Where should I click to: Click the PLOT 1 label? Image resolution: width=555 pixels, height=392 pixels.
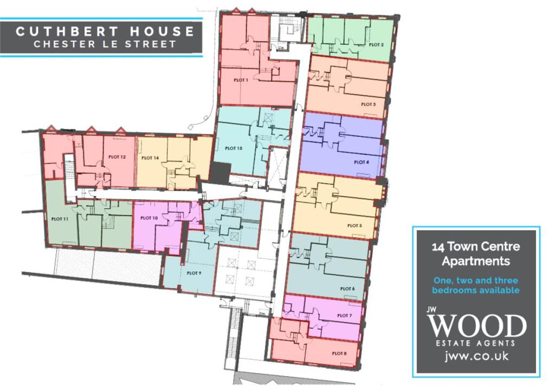click(x=241, y=80)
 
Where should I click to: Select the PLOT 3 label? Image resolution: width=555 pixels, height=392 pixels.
click(x=368, y=104)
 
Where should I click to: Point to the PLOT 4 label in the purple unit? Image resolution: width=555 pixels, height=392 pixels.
click(x=362, y=162)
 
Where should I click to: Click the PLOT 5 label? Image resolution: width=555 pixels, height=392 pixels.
click(x=354, y=225)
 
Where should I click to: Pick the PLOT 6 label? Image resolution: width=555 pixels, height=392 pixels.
click(x=347, y=289)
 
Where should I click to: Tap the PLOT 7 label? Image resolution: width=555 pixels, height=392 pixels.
click(x=344, y=315)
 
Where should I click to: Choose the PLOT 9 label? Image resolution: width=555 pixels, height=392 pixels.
click(x=194, y=273)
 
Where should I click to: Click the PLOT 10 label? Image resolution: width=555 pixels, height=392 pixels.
click(x=149, y=218)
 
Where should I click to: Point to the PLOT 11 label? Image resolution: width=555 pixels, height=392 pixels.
click(x=60, y=219)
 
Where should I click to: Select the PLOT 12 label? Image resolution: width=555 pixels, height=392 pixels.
click(x=117, y=157)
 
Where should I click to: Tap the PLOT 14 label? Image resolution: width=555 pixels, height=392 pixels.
click(x=150, y=159)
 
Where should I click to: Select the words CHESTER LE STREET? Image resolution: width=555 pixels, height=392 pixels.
click(x=105, y=44)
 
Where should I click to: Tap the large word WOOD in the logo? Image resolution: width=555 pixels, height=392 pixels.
click(x=476, y=326)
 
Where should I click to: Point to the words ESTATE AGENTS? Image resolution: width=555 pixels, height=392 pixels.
click(x=476, y=343)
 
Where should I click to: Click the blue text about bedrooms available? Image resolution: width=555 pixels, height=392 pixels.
click(x=476, y=285)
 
